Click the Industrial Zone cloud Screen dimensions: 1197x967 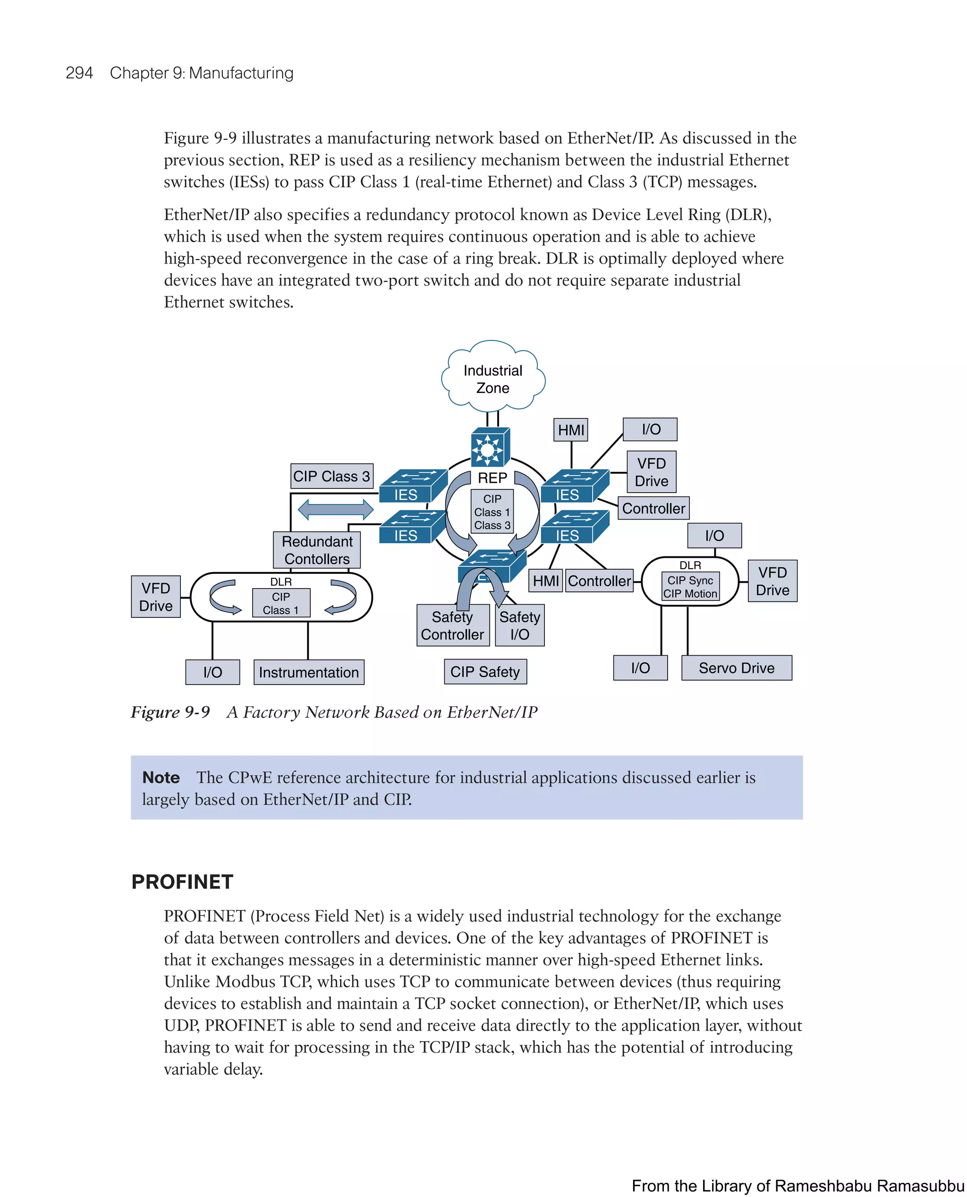click(x=492, y=379)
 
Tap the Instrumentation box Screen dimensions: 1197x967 click(x=309, y=672)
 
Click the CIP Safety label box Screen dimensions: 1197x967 click(x=484, y=672)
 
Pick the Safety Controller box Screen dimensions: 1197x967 click(x=452, y=626)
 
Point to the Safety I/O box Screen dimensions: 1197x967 click(x=519, y=626)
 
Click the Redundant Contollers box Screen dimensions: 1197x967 click(x=317, y=550)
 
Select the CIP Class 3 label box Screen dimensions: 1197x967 click(x=331, y=477)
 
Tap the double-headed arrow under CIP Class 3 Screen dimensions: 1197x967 click(x=335, y=509)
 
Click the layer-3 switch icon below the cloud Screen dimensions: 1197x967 click(x=490, y=447)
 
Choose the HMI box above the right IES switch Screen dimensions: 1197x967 click(x=571, y=430)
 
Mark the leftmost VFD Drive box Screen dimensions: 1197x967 click(x=155, y=597)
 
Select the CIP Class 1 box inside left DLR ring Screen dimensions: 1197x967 click(x=281, y=603)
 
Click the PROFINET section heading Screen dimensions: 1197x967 click(x=182, y=881)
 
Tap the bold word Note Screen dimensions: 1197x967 click(x=161, y=778)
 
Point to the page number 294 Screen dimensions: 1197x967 click(x=79, y=73)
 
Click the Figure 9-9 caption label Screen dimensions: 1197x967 click(x=170, y=712)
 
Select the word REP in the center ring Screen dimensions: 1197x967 click(x=492, y=478)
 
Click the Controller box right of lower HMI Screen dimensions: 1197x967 click(x=599, y=581)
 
